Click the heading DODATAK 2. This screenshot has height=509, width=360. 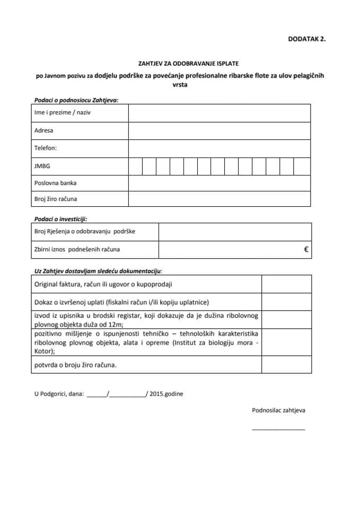tap(306, 38)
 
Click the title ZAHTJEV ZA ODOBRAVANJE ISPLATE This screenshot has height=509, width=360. tap(179, 63)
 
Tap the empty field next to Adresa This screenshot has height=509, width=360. tap(219, 130)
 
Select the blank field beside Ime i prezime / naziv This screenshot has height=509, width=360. tap(219, 113)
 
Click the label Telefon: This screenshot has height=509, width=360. tap(45, 148)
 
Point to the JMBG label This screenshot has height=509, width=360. tap(42, 166)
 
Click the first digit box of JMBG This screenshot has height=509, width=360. tap(135, 166)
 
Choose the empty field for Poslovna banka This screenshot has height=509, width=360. tap(219, 183)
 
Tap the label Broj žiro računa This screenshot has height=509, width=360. tap(59, 199)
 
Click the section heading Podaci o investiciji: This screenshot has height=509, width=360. tap(60, 218)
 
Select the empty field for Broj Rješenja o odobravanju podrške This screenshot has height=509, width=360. tap(234, 231)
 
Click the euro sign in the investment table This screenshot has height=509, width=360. tap(306, 249)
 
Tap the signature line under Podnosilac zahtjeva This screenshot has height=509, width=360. tap(278, 428)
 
